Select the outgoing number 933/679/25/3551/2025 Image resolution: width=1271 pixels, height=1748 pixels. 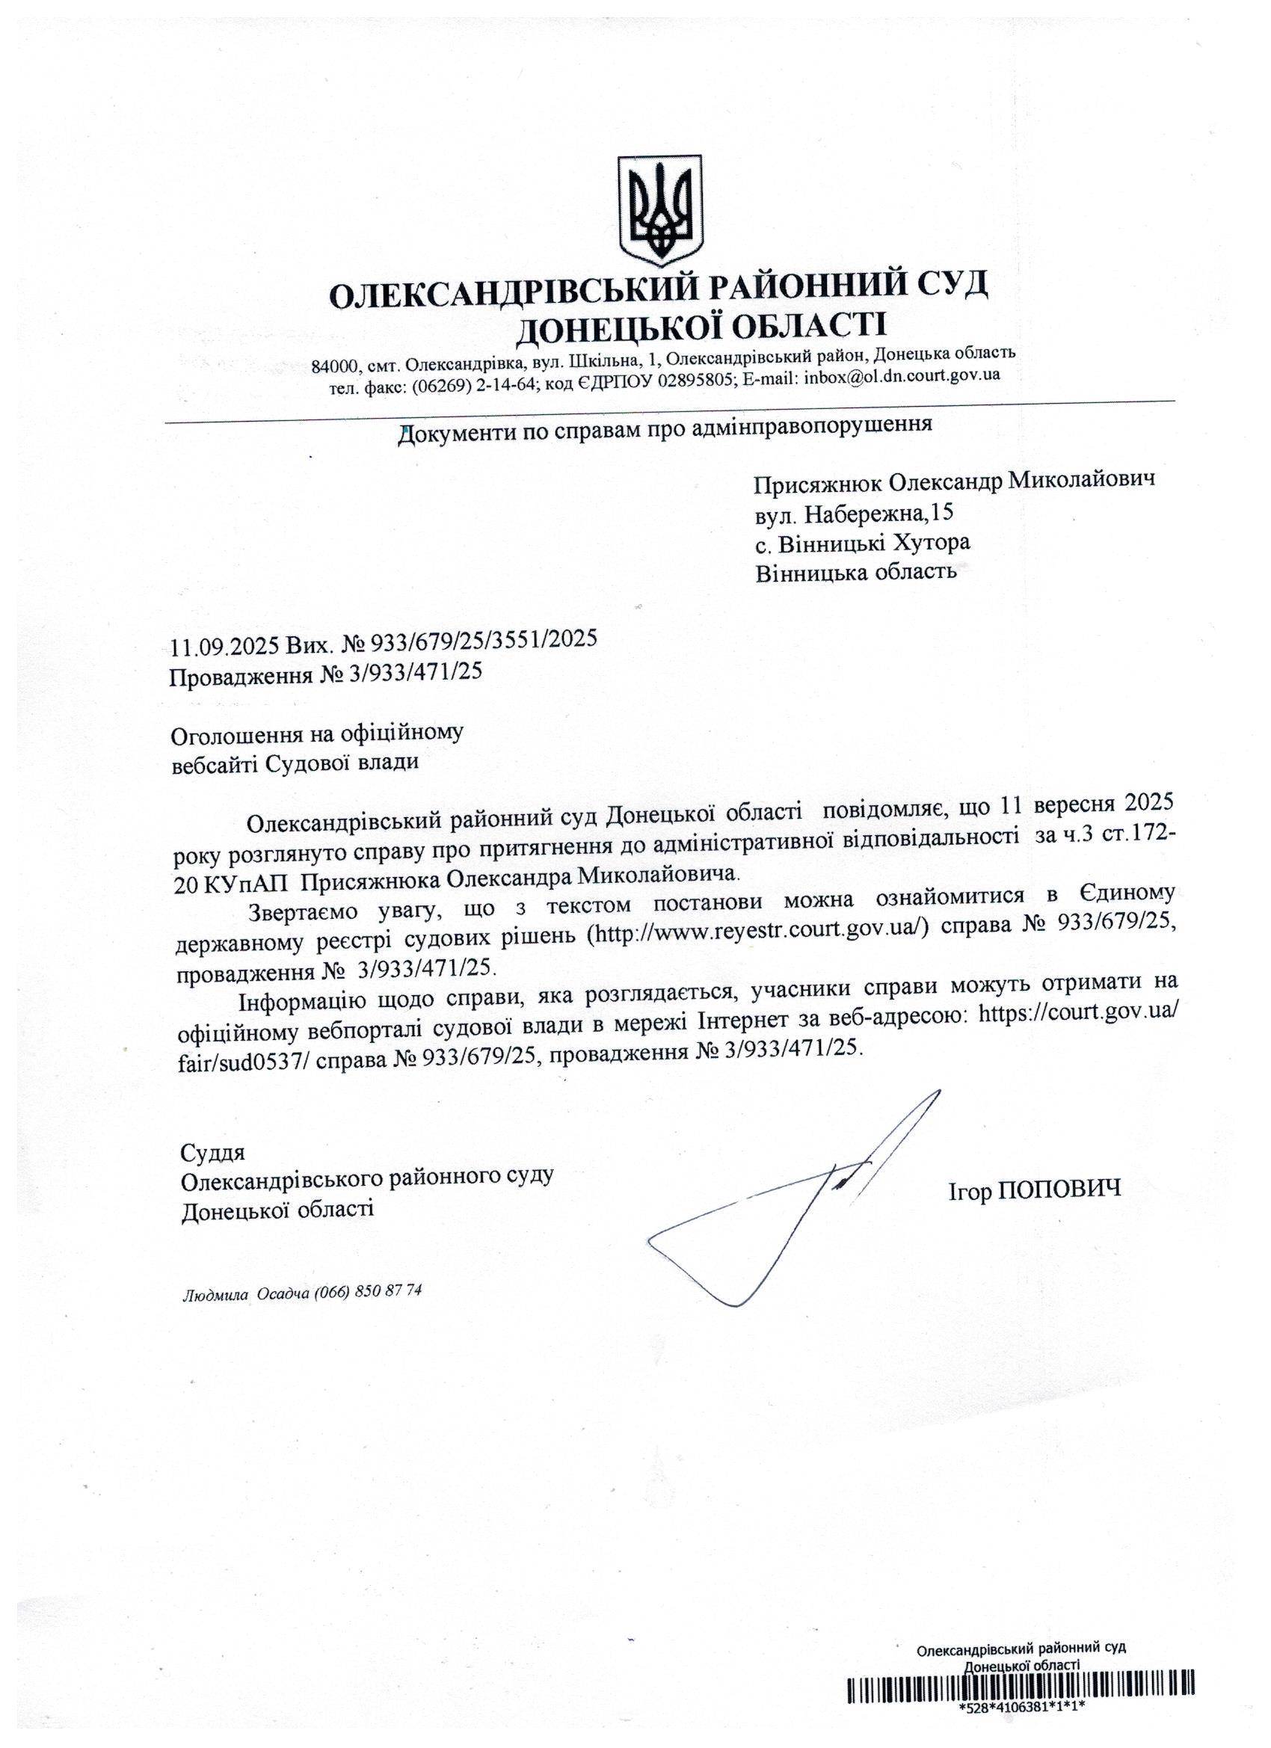484,639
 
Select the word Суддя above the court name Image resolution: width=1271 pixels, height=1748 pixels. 212,1153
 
